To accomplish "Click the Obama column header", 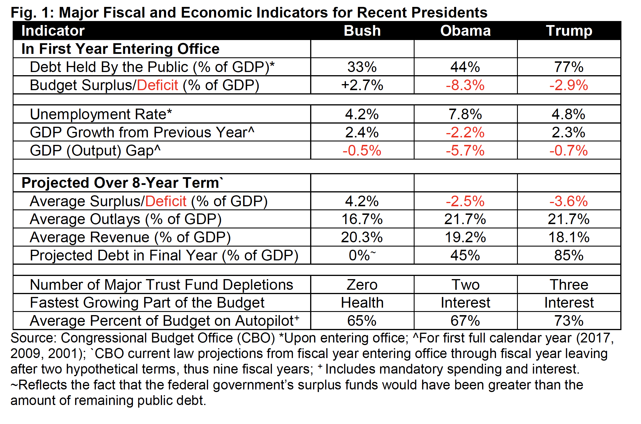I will click(x=465, y=31).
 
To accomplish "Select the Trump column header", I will click(x=569, y=31).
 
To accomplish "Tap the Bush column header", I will click(x=362, y=31).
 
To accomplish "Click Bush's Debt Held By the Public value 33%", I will click(x=362, y=67).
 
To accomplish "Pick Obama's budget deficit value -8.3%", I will click(x=465, y=85).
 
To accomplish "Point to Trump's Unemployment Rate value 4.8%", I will click(x=568, y=114).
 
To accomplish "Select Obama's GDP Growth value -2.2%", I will click(x=465, y=132).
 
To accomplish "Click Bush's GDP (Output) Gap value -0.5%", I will click(x=362, y=150).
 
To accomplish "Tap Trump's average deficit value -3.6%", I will click(x=568, y=201).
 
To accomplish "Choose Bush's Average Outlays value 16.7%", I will click(x=362, y=219).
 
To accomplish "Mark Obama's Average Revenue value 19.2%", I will click(x=465, y=237).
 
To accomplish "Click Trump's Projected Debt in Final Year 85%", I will click(x=569, y=255).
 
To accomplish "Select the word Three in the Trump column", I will click(x=569, y=285).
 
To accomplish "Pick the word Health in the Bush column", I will click(x=362, y=302).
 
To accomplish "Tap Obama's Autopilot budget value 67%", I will click(x=465, y=321).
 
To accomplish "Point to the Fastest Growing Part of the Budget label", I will click(x=147, y=302).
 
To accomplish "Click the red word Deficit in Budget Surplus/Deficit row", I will click(x=157, y=85).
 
